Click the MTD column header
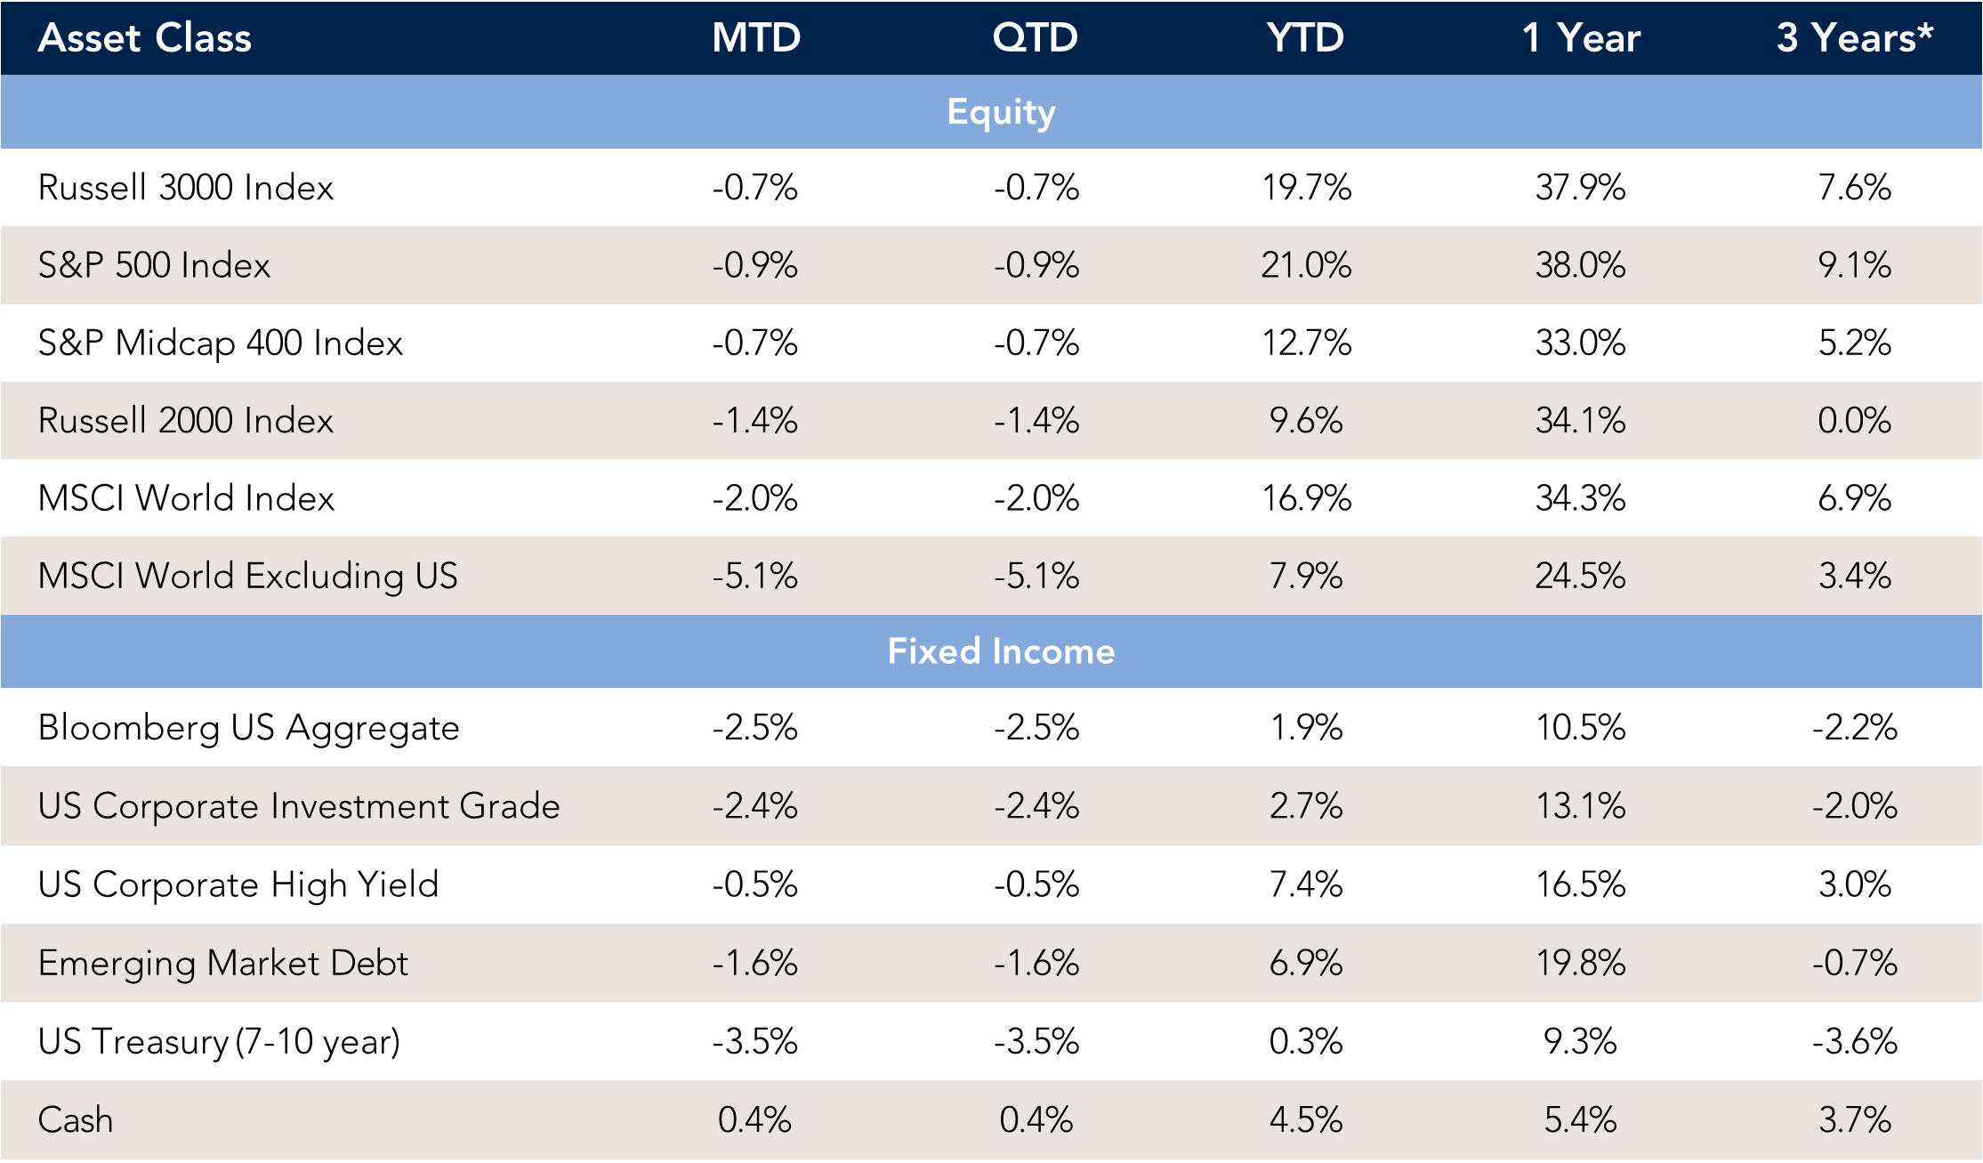click(x=756, y=38)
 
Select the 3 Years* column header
click(x=1854, y=38)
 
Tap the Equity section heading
click(x=1001, y=112)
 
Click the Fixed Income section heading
click(x=1001, y=651)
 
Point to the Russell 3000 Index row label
click(x=186, y=188)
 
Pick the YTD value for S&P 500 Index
click(x=1305, y=265)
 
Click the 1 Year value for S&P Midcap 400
click(x=1580, y=343)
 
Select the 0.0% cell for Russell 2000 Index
click(x=1854, y=420)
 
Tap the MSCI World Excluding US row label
click(x=247, y=576)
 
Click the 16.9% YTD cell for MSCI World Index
click(x=1306, y=498)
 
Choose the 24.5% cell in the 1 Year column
click(x=1580, y=576)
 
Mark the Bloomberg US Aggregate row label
click(x=248, y=728)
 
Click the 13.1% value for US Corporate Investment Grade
click(x=1580, y=806)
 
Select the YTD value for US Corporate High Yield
click(x=1305, y=884)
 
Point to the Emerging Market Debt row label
click(x=222, y=963)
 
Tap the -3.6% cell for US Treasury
click(x=1854, y=1041)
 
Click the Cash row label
click(x=76, y=1119)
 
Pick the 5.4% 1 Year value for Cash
click(x=1580, y=1119)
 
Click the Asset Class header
click(x=145, y=38)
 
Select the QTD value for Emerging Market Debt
click(x=1036, y=963)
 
